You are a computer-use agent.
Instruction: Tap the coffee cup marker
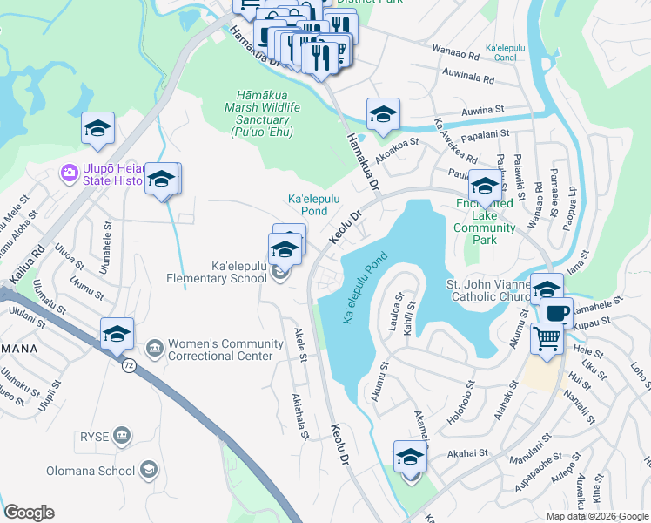point(556,312)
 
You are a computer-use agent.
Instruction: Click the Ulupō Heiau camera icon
point(69,172)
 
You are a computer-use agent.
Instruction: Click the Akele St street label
point(300,344)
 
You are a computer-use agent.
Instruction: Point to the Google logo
point(30,513)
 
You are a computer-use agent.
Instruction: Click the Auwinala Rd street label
point(468,78)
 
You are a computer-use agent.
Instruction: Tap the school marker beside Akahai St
point(410,457)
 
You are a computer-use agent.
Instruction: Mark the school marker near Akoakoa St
point(382,113)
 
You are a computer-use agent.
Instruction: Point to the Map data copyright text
point(596,516)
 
